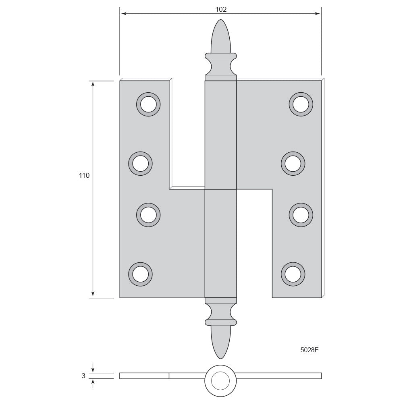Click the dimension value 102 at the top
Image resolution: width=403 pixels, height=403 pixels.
coord(221,10)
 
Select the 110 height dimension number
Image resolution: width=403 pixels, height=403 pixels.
coord(84,176)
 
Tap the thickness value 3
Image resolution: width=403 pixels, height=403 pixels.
coord(83,376)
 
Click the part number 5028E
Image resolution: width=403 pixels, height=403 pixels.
coord(310,350)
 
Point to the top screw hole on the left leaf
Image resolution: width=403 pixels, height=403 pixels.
coord(148,104)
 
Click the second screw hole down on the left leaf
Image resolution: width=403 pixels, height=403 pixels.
coord(140,164)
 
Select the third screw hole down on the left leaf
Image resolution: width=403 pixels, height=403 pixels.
coord(148,215)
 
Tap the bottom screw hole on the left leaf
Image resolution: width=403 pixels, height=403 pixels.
coord(140,274)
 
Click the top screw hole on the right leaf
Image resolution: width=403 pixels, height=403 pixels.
coord(301,104)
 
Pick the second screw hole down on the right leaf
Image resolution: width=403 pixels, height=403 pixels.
coord(293,164)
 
